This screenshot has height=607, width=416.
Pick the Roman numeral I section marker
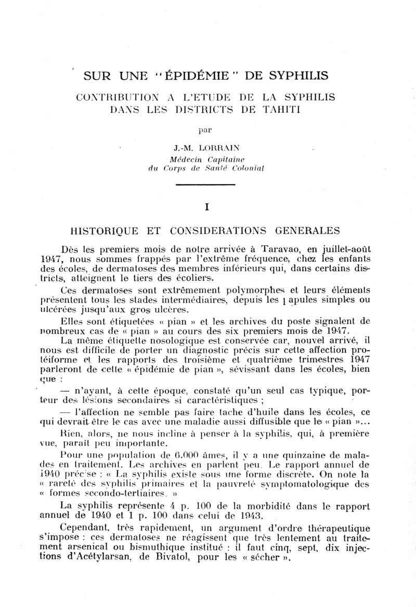point(207,208)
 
